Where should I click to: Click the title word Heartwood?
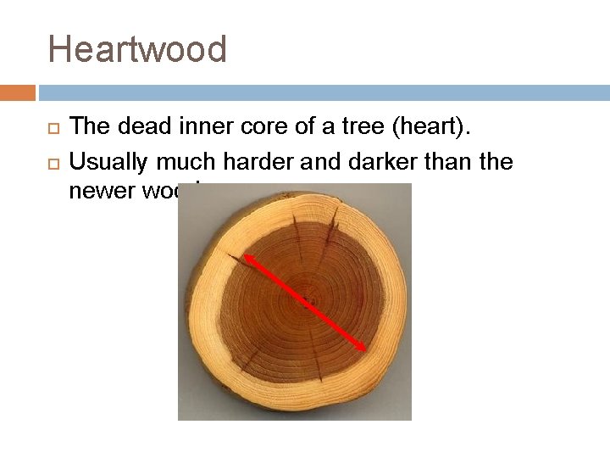[137, 49]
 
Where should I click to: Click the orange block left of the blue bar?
[17, 92]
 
